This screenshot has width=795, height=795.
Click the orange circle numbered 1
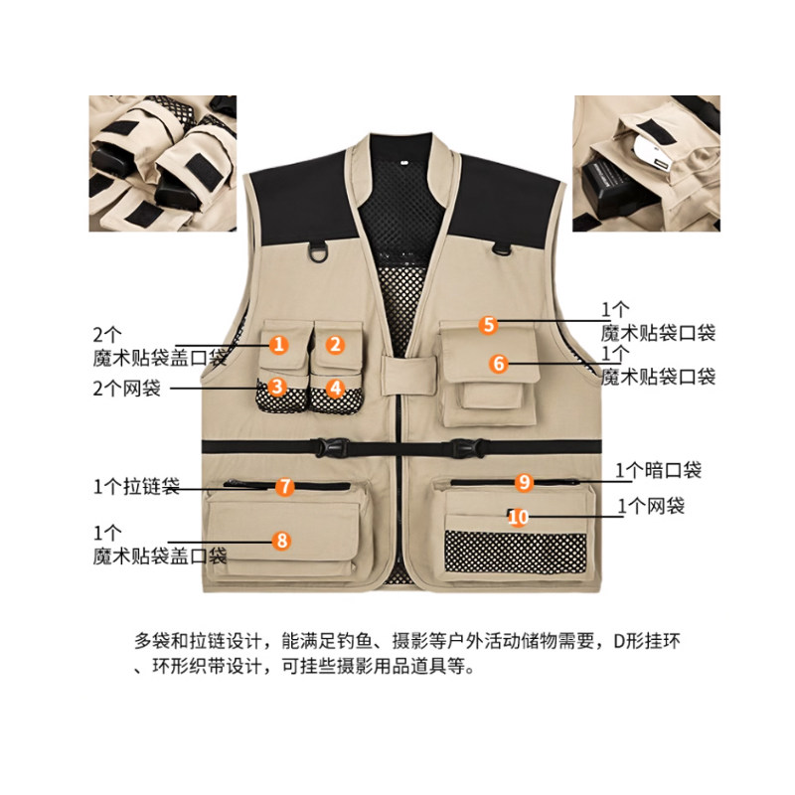point(278,345)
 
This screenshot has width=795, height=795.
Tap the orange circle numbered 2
point(335,345)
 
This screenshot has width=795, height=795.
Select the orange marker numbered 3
point(277,387)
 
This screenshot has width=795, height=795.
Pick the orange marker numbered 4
point(335,389)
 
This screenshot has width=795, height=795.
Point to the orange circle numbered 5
point(488,325)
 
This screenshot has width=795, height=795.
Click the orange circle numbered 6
point(499,363)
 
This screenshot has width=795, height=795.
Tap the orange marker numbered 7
point(285,487)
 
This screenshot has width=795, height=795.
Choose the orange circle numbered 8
point(282,541)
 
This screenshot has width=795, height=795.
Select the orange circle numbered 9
point(525,482)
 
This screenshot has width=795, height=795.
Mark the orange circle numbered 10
point(518,517)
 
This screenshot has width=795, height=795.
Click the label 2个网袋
point(127,389)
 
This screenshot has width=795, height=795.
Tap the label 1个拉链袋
point(137,486)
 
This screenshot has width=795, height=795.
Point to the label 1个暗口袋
point(659,470)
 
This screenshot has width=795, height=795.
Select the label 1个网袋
point(651,506)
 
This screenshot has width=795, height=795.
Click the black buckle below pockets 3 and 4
point(332,448)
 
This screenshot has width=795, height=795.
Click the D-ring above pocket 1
point(318,252)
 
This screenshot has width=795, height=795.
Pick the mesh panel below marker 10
point(515,553)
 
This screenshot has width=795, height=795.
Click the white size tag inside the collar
point(404,163)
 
